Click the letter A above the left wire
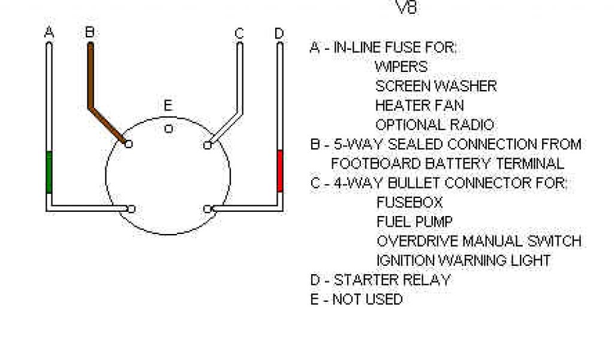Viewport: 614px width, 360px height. click(x=49, y=32)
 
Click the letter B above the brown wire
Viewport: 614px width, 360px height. click(x=90, y=32)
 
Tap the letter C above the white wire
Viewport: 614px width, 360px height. click(x=239, y=34)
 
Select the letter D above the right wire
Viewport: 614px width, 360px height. click(x=279, y=34)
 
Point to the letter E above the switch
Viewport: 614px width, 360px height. click(x=168, y=107)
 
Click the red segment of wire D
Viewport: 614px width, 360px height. click(x=279, y=171)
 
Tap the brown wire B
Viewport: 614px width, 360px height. click(x=91, y=78)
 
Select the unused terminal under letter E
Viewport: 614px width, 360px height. click(x=168, y=127)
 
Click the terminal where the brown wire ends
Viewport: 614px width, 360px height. click(x=129, y=144)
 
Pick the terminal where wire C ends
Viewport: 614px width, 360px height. click(x=207, y=145)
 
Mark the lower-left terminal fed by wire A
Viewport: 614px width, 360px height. click(x=131, y=209)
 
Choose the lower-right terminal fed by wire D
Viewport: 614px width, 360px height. click(x=207, y=209)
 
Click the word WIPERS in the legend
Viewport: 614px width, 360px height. click(x=401, y=67)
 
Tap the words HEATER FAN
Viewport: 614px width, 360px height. click(x=419, y=106)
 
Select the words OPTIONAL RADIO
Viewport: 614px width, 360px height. click(x=435, y=125)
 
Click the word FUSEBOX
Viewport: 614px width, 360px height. click(x=409, y=202)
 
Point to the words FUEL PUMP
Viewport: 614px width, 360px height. click(x=414, y=222)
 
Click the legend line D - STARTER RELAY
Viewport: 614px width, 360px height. click(x=380, y=280)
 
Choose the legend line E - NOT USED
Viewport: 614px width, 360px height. click(x=356, y=299)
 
